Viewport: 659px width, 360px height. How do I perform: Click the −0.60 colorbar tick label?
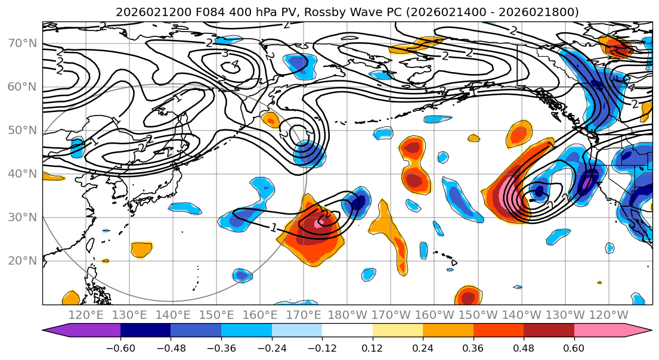click(120, 347)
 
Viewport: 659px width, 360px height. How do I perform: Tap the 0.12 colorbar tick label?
click(372, 347)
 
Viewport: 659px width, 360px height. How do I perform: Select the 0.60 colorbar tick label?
click(574, 347)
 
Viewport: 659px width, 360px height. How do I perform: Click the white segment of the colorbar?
click(347, 331)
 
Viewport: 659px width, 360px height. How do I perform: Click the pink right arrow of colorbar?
click(638, 331)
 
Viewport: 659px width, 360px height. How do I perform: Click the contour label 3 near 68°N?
click(225, 54)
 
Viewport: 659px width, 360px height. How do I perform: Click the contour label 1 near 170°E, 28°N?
click(274, 227)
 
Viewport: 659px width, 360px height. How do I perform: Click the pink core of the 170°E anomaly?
click(318, 224)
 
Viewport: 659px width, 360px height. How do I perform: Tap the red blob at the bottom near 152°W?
click(468, 296)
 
